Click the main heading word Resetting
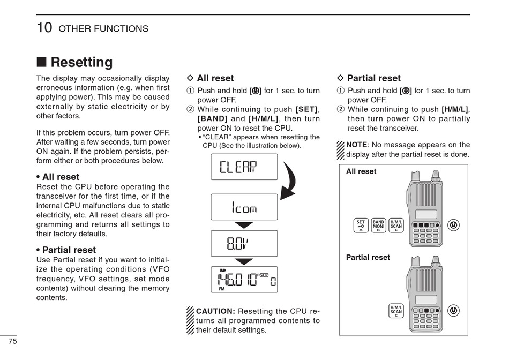[x=81, y=63]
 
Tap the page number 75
[x=12, y=341]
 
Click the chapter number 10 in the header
[x=44, y=28]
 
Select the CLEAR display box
[x=244, y=167]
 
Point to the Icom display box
[x=244, y=207]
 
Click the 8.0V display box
[x=244, y=244]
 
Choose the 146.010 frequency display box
[x=244, y=280]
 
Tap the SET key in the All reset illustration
[x=361, y=225]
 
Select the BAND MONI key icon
[x=379, y=225]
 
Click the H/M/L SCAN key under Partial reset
[x=396, y=311]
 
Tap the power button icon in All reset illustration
[x=454, y=225]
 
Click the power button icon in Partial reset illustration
[x=454, y=311]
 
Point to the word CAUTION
[x=215, y=311]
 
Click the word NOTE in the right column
[x=356, y=145]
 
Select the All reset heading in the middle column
[x=215, y=78]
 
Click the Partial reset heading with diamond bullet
[x=373, y=78]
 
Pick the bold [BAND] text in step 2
[x=213, y=118]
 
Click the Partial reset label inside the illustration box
[x=368, y=257]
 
